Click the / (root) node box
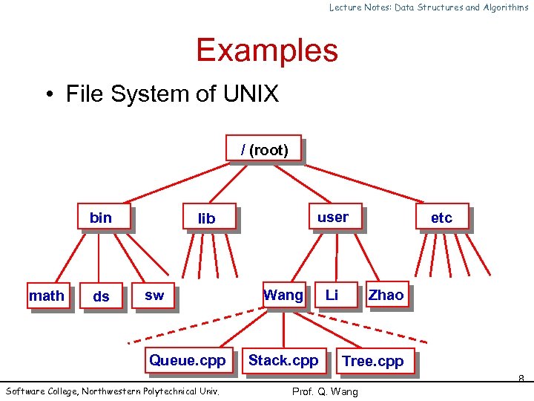point(264,149)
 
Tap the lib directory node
point(208,218)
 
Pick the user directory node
point(333,217)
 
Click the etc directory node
point(442,218)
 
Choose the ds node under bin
point(102,296)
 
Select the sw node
point(155,296)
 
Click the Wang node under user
point(284,296)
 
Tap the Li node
point(332,296)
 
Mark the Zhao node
point(386,296)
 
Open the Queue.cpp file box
point(187,360)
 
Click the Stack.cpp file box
point(283,360)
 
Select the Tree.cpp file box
point(373,362)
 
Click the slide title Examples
point(267,50)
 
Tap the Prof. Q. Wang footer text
point(325,391)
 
